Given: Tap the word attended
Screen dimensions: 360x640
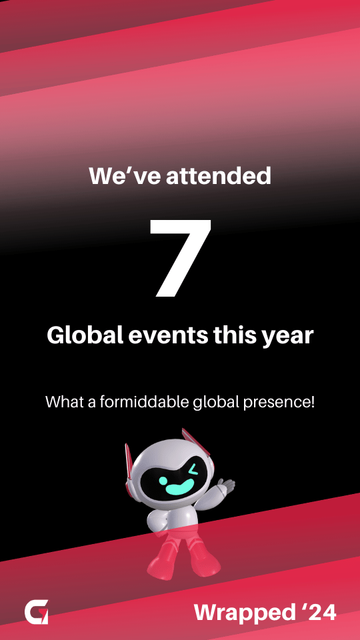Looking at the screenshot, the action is [219, 175].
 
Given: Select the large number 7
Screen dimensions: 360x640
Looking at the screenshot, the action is [180, 257].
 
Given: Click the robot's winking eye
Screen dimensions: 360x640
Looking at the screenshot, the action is [193, 469].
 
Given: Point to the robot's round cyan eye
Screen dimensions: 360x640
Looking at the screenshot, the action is [164, 481].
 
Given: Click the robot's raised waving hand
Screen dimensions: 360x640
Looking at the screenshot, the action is [225, 487].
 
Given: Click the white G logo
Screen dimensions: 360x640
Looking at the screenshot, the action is [36, 612].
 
